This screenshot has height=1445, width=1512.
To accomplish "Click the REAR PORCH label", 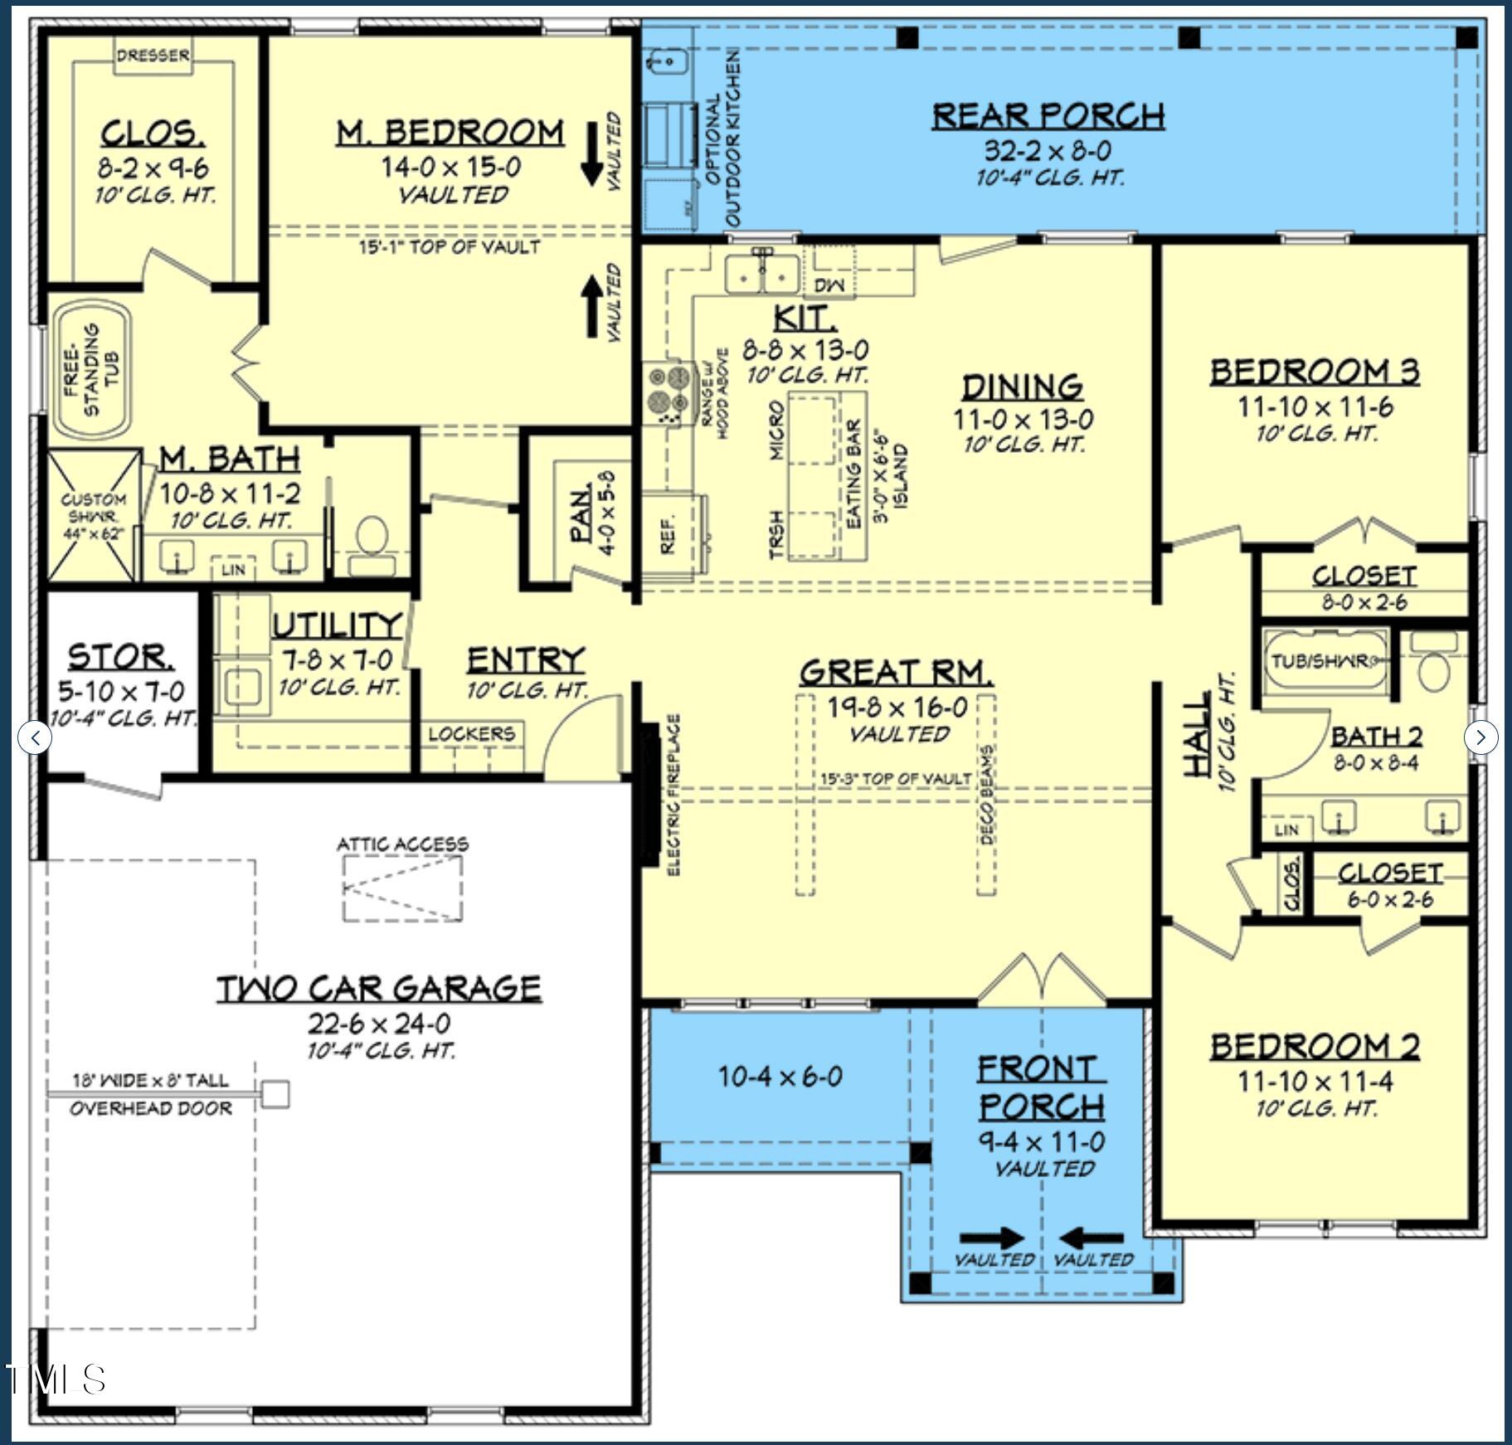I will (x=1048, y=116).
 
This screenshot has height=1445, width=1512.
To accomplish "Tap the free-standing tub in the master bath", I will (x=91, y=370).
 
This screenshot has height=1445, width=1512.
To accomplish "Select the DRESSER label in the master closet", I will (x=153, y=56).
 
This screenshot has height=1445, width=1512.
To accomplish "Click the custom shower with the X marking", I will (x=93, y=515).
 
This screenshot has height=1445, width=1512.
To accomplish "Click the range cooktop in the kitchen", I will (x=668, y=392).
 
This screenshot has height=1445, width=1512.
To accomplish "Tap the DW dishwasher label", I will (x=829, y=285).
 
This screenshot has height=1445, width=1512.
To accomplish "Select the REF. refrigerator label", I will (x=668, y=535).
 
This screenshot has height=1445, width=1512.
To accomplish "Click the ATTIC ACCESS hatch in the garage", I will (x=402, y=888).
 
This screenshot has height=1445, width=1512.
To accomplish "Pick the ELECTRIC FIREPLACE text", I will (x=673, y=794).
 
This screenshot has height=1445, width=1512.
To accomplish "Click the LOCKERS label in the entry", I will (x=471, y=734).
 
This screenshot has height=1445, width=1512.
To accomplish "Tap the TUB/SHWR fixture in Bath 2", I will (x=1325, y=662).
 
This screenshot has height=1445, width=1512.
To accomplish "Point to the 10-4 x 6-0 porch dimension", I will (x=780, y=1077).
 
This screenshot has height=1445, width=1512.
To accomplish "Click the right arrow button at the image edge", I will (x=1480, y=737).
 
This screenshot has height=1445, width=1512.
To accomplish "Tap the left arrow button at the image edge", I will (x=34, y=737).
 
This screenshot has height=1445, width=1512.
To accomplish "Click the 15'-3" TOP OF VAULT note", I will (x=895, y=779).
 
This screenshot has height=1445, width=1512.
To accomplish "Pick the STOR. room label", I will (x=121, y=656).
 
